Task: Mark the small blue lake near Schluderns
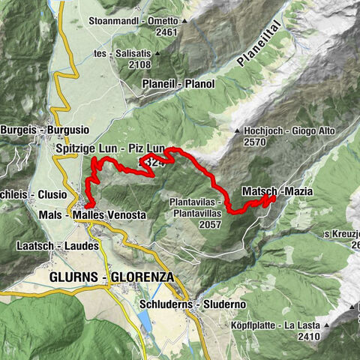click(x=144, y=322)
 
